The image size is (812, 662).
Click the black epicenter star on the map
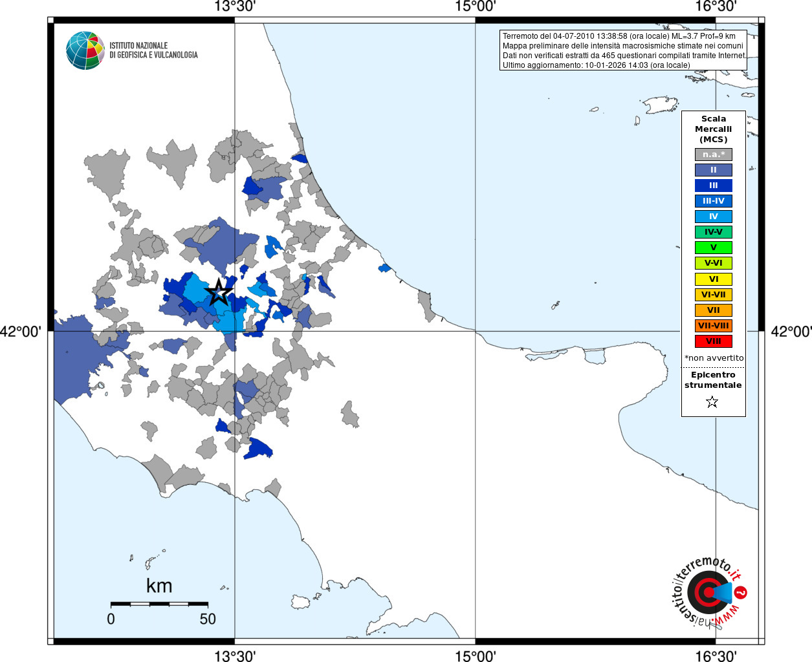(219, 292)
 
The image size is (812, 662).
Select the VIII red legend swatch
(713, 341)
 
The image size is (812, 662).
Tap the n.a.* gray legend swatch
(713, 155)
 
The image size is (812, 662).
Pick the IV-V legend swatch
(713, 232)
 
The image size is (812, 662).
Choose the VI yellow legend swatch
(713, 279)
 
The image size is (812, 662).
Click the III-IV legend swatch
(713, 201)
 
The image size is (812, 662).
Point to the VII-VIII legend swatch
(713, 326)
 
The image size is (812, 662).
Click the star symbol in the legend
(712, 402)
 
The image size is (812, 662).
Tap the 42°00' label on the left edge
(21, 332)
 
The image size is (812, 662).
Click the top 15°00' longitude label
(475, 6)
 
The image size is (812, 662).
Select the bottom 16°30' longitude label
(716, 656)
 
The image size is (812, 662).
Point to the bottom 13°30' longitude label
(235, 656)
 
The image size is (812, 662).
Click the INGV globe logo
(85, 50)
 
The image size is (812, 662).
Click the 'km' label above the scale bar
(159, 586)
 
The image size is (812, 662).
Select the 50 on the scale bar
(208, 619)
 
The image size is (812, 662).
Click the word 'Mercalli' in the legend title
(713, 129)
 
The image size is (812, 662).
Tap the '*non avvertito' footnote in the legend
(714, 358)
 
